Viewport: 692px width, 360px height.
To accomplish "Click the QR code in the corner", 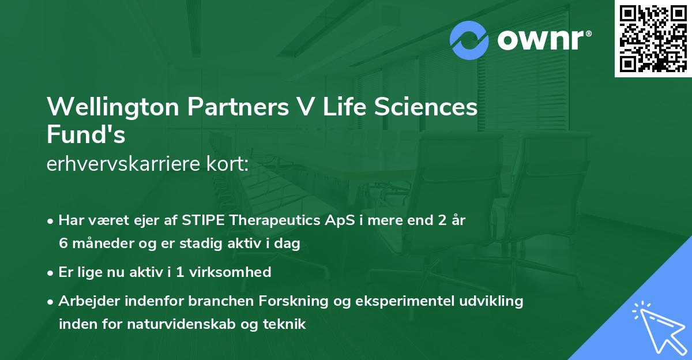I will [653, 39].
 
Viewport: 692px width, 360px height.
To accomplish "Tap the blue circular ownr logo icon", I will [469, 40].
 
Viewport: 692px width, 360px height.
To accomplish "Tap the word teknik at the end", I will [283, 324].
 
